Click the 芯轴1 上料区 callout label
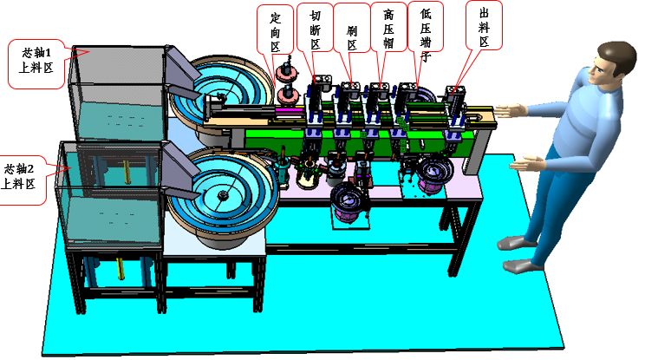pos(36,64)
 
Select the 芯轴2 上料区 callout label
pos(22,180)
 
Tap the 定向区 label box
pos(275,29)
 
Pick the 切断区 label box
pos(315,28)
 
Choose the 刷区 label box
pos(352,28)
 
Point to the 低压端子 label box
pos(426,26)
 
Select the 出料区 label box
pos(484,25)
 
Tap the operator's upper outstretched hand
pos(511,111)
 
